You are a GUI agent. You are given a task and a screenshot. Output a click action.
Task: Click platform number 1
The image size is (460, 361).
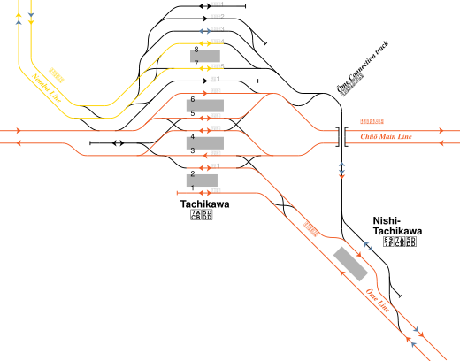click(193, 188)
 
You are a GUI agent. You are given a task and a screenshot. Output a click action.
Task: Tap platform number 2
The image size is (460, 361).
click(193, 173)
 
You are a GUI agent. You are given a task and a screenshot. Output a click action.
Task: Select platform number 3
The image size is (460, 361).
click(193, 151)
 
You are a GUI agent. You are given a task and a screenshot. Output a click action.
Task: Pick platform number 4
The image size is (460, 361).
click(193, 135)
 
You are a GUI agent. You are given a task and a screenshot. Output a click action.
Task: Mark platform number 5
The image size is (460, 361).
click(193, 113)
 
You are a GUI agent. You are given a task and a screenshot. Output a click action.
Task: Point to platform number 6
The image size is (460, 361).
click(193, 98)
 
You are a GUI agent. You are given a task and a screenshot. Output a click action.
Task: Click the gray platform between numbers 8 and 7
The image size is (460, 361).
click(205, 56)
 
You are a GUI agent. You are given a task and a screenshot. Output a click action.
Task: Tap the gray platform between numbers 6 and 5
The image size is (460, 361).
click(206, 105)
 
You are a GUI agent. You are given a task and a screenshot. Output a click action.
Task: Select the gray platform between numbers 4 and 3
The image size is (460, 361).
click(206, 142)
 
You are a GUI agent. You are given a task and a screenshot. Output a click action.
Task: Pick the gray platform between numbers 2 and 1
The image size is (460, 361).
click(203, 180)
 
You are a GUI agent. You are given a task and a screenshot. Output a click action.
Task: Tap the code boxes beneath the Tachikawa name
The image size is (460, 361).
click(201, 216)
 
